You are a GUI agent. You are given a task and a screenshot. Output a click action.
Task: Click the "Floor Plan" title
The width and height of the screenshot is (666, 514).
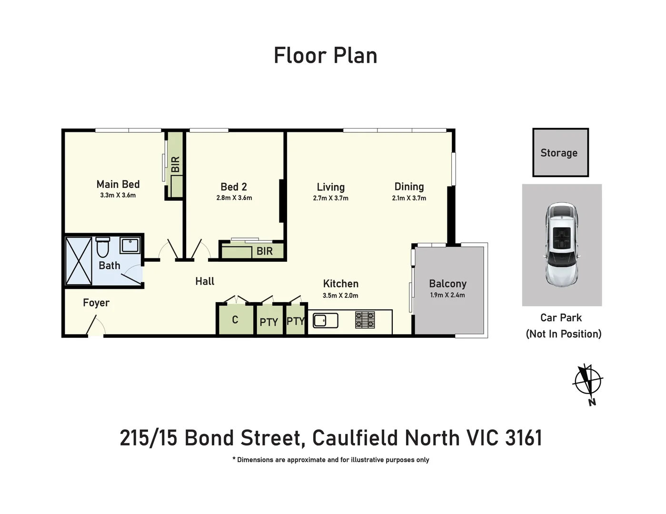(x=326, y=56)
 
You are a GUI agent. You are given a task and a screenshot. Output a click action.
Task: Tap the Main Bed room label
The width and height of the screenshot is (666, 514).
(x=118, y=184)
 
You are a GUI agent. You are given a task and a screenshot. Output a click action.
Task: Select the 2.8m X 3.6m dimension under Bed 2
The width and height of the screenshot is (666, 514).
(x=234, y=198)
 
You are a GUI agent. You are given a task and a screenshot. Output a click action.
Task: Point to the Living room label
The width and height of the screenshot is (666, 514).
(x=330, y=187)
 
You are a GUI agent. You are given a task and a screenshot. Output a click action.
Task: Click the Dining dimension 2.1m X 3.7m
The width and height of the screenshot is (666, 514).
(x=409, y=198)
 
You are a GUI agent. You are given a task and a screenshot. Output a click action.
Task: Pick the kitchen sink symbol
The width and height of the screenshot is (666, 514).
(x=325, y=320)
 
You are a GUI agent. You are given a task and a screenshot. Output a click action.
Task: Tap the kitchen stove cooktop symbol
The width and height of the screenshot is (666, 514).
(x=365, y=320)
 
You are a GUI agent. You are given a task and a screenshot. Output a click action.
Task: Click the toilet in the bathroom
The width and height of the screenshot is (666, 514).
(x=102, y=247)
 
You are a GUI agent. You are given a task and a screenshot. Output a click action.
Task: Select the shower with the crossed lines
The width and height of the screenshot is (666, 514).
(x=79, y=261)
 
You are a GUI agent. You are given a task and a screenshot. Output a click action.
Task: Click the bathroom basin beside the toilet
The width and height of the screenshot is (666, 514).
(x=129, y=246)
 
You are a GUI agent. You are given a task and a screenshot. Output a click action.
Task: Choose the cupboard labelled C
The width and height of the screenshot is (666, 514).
(x=235, y=320)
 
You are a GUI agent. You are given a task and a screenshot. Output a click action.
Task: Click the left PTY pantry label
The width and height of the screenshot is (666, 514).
(x=268, y=322)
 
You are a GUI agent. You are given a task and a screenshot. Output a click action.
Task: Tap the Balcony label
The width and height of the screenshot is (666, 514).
(x=447, y=284)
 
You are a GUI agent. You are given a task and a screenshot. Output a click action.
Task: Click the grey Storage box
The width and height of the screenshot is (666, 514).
(x=560, y=153)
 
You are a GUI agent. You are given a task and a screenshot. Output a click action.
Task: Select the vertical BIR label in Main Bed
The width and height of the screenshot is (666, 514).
(x=176, y=164)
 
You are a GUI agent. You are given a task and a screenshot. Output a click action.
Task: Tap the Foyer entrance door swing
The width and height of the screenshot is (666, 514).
(x=97, y=326)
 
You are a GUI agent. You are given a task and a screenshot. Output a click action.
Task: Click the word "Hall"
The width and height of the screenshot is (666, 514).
(x=205, y=281)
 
